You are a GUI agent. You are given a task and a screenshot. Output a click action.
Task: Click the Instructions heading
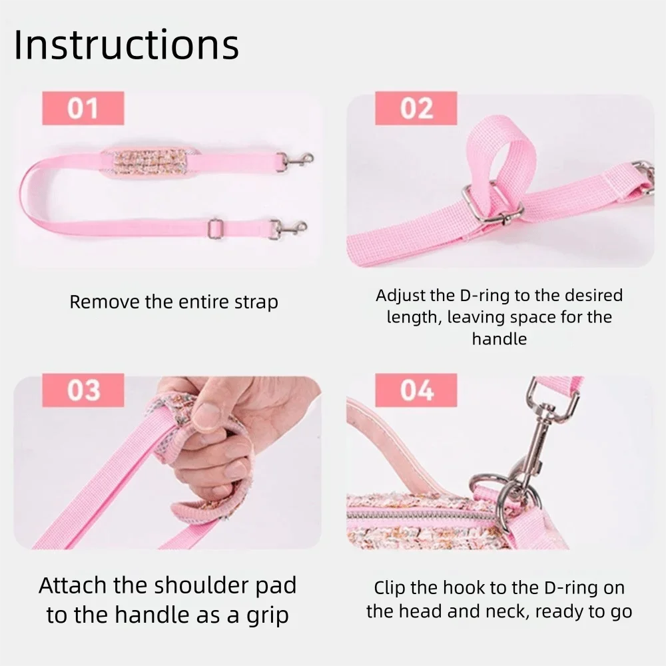[x=126, y=45]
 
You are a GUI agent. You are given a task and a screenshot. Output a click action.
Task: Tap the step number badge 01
[x=83, y=109]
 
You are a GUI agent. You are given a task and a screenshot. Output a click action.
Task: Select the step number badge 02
[x=416, y=109]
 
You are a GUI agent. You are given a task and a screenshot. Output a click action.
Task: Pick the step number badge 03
[x=83, y=390]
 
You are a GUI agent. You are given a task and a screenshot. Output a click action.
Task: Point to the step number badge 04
[x=416, y=390]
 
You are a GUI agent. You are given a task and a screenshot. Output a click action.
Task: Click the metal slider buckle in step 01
[x=214, y=228]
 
